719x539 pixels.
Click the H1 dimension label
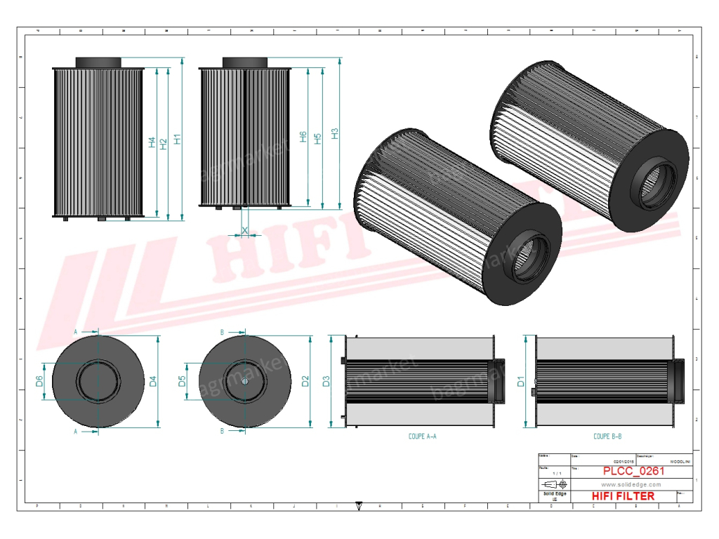[178, 139]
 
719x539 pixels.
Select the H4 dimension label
[152, 142]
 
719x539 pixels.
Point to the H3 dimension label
[335, 133]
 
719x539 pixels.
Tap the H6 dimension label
[303, 137]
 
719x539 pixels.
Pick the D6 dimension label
[39, 381]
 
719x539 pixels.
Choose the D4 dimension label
[152, 382]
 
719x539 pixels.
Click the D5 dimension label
[182, 381]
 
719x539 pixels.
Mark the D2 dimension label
[305, 382]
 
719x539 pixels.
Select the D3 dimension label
[326, 382]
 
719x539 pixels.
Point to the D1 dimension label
[521, 382]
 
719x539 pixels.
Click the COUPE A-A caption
[423, 437]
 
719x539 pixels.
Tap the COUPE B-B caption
[607, 437]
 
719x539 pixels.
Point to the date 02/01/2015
[624, 461]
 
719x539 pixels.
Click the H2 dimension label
[164, 143]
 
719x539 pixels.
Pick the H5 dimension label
[318, 138]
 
